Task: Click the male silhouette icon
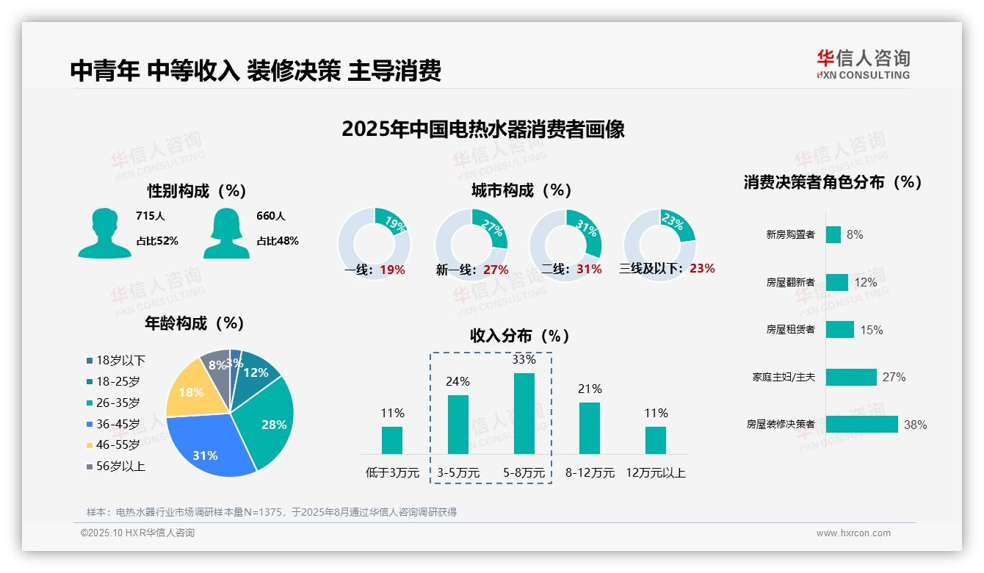(x=104, y=233)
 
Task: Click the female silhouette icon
(x=226, y=233)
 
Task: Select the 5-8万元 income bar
(x=524, y=413)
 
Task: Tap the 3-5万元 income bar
(x=458, y=424)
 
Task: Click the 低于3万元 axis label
(x=392, y=473)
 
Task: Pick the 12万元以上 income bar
(x=656, y=440)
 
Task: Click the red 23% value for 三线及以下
(x=702, y=268)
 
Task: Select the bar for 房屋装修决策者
(x=861, y=424)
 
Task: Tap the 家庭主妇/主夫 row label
(x=783, y=377)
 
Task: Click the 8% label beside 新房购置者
(x=854, y=234)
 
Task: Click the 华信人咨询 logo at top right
(x=863, y=64)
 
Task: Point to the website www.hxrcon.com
(x=853, y=533)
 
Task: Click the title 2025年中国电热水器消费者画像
(x=483, y=129)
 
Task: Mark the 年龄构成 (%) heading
(x=195, y=323)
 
